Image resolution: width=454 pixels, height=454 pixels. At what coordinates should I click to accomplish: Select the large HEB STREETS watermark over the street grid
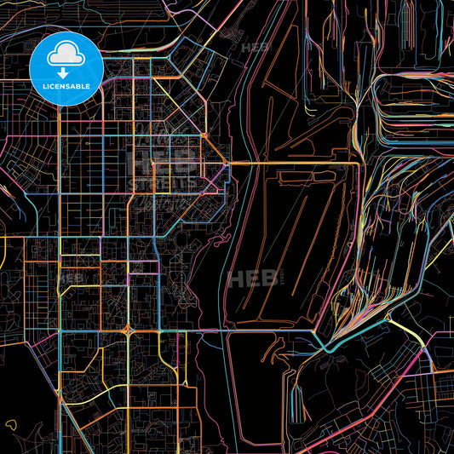(x=161, y=166)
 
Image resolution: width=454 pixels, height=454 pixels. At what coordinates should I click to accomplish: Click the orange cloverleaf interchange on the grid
(x=127, y=329)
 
